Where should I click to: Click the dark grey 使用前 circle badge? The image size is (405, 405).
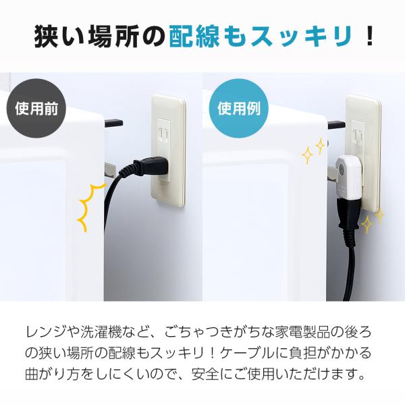point(36,108)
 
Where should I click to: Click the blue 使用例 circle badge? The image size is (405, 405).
point(238,108)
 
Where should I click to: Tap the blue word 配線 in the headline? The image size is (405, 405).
point(194,36)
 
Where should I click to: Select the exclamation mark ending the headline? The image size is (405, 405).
point(370,36)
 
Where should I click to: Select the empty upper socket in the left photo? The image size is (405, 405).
point(163,134)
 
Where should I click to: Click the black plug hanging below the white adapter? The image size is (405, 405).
point(349,217)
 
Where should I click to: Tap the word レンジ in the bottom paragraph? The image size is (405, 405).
point(47,332)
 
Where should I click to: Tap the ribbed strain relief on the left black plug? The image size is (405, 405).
point(127,170)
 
